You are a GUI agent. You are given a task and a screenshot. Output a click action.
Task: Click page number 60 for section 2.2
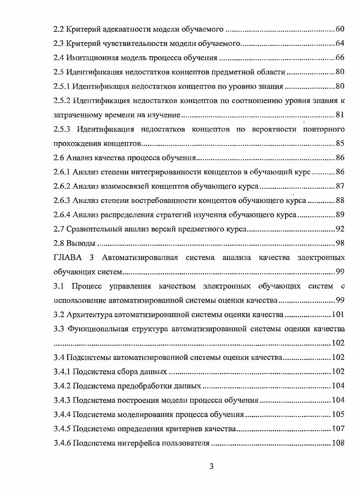pyautogui.click(x=340, y=29)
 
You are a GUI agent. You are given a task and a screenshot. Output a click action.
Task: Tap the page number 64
pyautogui.click(x=340, y=44)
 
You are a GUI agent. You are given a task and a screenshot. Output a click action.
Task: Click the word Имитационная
pyautogui.click(x=90, y=58)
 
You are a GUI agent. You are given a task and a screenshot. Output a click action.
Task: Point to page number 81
pyautogui.click(x=340, y=115)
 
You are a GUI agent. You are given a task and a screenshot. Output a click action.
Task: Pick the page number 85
pyautogui.click(x=340, y=143)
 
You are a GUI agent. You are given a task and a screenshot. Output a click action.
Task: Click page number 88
pyautogui.click(x=340, y=201)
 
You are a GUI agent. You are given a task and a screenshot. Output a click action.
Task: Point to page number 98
pyautogui.click(x=340, y=243)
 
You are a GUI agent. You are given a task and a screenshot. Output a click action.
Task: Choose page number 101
pyautogui.click(x=338, y=314)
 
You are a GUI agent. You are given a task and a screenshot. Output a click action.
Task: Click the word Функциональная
pyautogui.click(x=95, y=329)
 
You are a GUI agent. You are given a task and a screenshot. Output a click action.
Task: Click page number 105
pyautogui.click(x=338, y=414)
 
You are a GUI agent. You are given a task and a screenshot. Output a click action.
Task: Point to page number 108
pyautogui.click(x=338, y=443)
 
